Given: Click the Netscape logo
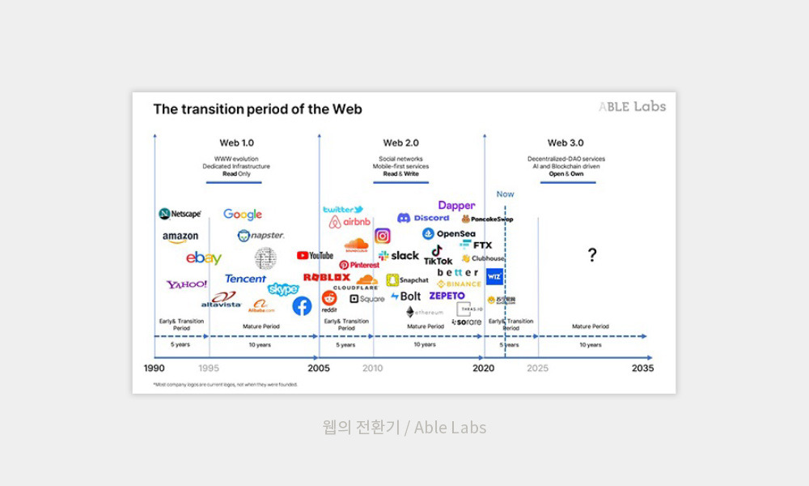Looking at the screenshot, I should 180,214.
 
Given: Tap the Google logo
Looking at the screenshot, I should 243,214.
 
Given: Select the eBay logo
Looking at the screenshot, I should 204,258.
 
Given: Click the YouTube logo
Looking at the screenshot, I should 315,255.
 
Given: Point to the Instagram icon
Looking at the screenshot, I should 383,236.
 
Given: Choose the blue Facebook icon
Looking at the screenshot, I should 302,306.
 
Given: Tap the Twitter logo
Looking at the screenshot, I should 343,210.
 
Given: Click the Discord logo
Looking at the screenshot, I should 423,218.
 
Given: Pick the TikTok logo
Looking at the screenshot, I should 438,256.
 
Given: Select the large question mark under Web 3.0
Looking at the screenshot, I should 592,256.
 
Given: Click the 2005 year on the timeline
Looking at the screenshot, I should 319,368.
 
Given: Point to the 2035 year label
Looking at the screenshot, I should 642,368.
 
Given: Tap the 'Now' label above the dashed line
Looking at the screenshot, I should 505,194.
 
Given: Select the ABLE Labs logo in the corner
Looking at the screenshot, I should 632,106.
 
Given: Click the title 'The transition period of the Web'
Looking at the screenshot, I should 258,109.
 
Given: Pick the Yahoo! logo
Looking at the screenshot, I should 187,284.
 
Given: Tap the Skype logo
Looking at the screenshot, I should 283,289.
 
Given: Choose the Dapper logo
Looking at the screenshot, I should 456,206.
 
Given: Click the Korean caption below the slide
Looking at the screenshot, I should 404,427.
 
